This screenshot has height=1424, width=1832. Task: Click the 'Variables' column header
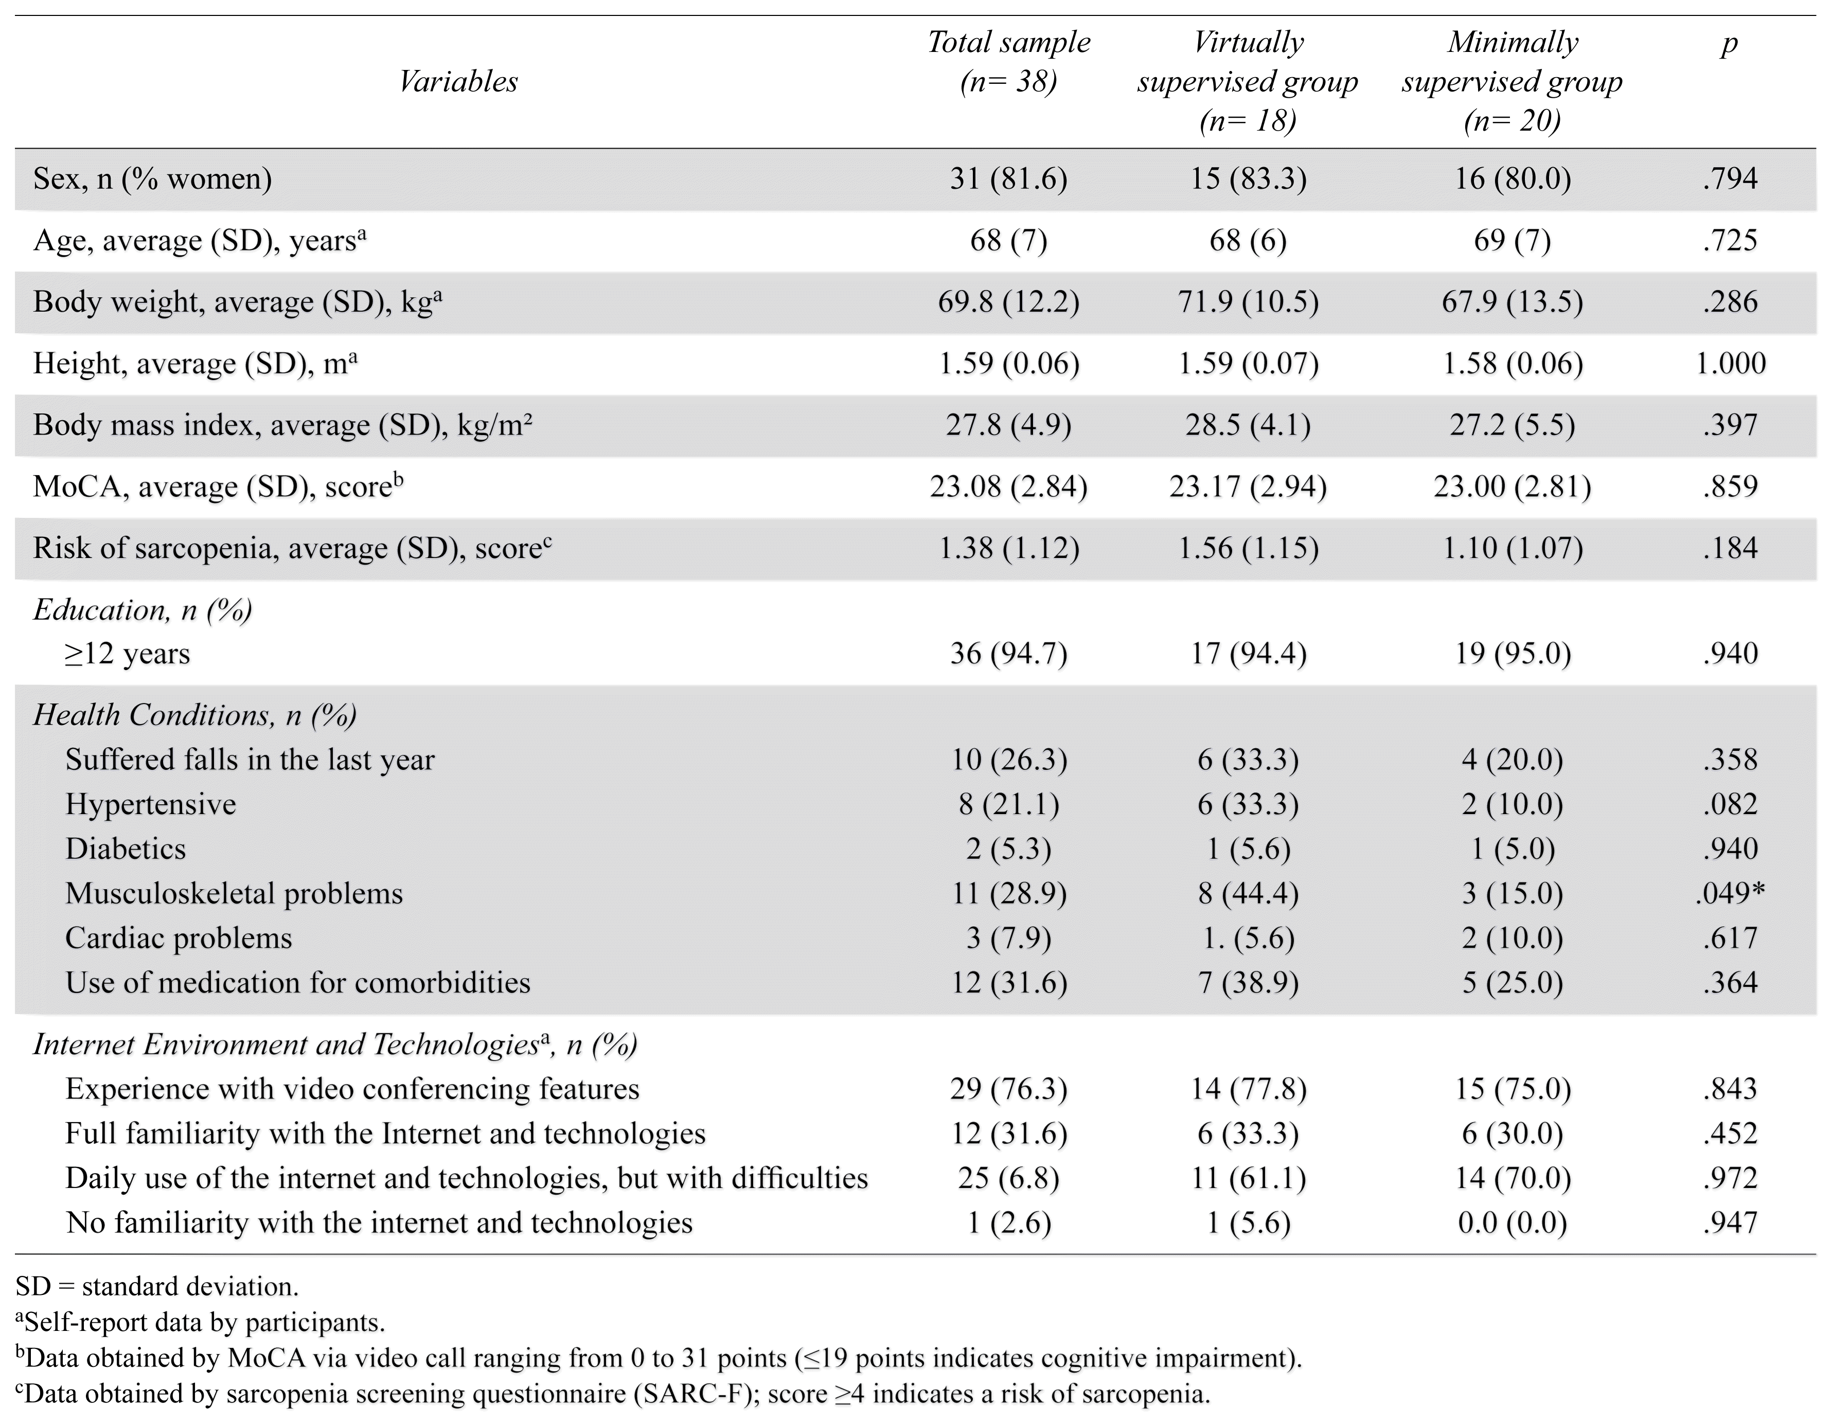click(458, 81)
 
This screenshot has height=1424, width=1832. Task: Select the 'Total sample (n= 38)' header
click(1008, 62)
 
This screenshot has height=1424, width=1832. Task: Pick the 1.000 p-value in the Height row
click(1731, 363)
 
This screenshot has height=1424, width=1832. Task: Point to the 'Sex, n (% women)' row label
click(153, 178)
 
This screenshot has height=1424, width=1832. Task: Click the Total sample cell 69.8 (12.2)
click(1008, 302)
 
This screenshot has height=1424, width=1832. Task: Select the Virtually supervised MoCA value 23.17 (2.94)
click(1248, 486)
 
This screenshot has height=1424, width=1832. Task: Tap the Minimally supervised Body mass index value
click(1513, 425)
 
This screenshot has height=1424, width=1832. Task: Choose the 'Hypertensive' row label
click(151, 804)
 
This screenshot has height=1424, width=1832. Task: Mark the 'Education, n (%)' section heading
click(143, 610)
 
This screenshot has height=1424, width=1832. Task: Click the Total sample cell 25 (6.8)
click(1008, 1178)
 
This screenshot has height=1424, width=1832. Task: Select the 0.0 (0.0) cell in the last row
click(1513, 1223)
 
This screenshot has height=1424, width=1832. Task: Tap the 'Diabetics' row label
click(126, 849)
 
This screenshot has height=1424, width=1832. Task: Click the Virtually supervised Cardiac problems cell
click(1248, 938)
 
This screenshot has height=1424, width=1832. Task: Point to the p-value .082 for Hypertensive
click(1730, 804)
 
